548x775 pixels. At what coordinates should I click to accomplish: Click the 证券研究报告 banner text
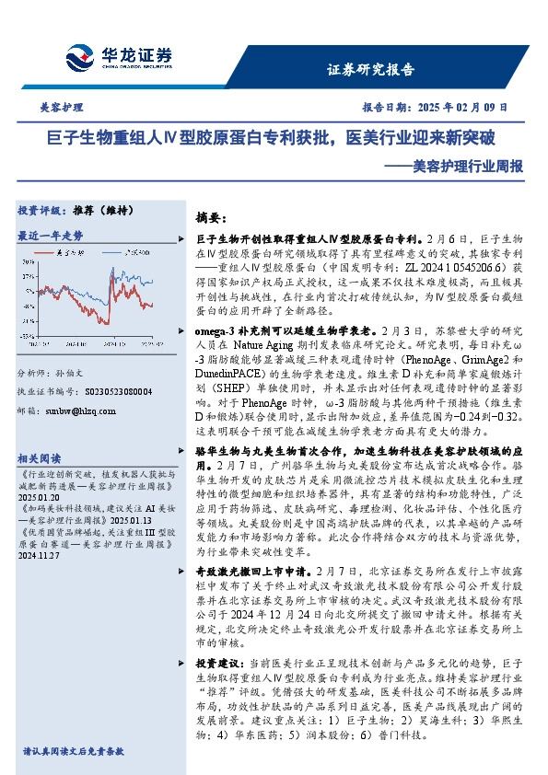click(371, 69)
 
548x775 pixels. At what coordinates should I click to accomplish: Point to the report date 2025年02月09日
click(437, 108)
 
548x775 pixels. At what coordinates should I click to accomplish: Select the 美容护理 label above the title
click(64, 108)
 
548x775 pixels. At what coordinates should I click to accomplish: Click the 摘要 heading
click(212, 217)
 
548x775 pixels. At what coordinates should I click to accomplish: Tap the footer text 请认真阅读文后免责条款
click(74, 751)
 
